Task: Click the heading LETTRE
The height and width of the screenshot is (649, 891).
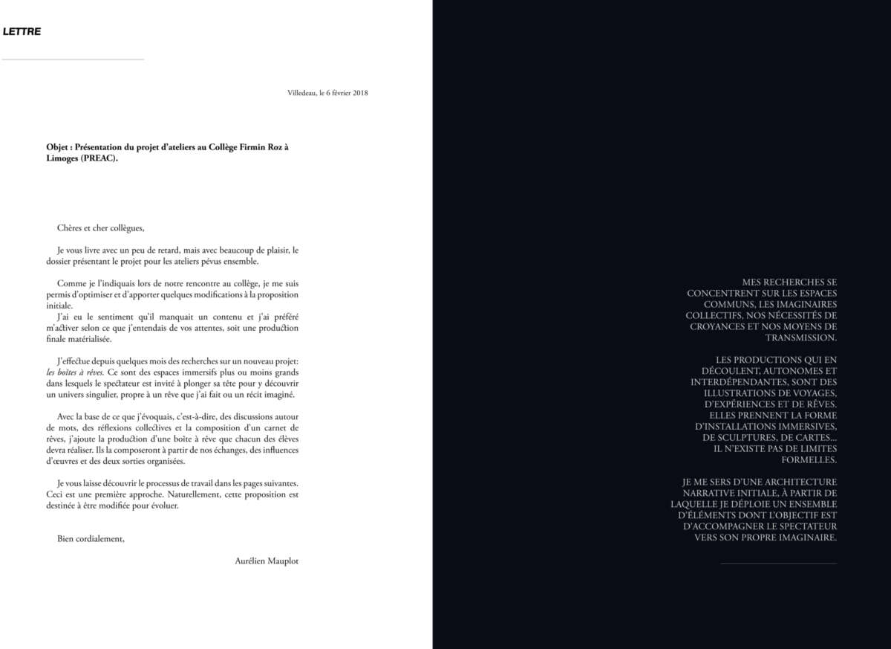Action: pyautogui.click(x=22, y=32)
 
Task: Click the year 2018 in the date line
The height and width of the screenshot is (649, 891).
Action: pyautogui.click(x=360, y=93)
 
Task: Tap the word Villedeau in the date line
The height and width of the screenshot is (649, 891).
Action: pyautogui.click(x=301, y=93)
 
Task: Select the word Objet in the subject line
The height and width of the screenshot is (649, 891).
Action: pyautogui.click(x=57, y=147)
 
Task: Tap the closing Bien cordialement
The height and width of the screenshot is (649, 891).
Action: pyautogui.click(x=91, y=538)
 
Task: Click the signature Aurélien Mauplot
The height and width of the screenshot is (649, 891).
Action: pyautogui.click(x=267, y=561)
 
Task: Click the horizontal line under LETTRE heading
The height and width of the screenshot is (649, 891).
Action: pyautogui.click(x=73, y=59)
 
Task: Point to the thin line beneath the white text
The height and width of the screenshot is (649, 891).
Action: pyautogui.click(x=778, y=564)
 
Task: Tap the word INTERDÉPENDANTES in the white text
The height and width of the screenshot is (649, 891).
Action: pyautogui.click(x=742, y=381)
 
